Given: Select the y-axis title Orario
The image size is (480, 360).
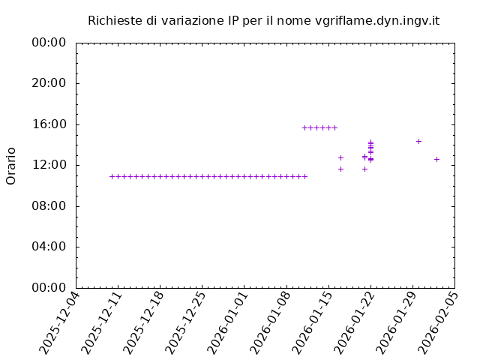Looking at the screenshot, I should coord(11,166).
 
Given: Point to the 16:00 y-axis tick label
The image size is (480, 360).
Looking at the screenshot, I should coord(49,124).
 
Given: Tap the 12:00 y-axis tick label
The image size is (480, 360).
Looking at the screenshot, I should coord(49,165).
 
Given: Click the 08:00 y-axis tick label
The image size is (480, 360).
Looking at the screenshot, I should coord(49,206).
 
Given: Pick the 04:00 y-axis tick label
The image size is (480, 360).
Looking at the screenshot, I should coord(49,247).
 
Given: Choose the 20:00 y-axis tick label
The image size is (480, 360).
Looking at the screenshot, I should coord(49,83).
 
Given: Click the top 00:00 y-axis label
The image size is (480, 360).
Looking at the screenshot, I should coord(49,43).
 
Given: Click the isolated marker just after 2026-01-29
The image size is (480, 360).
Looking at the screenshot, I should coord(418,141).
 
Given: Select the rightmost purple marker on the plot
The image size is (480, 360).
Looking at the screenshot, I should coord(436,159).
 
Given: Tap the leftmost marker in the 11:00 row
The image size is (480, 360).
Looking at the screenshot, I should coord(112,176).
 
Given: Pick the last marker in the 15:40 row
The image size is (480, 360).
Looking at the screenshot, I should coord(334,127).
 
